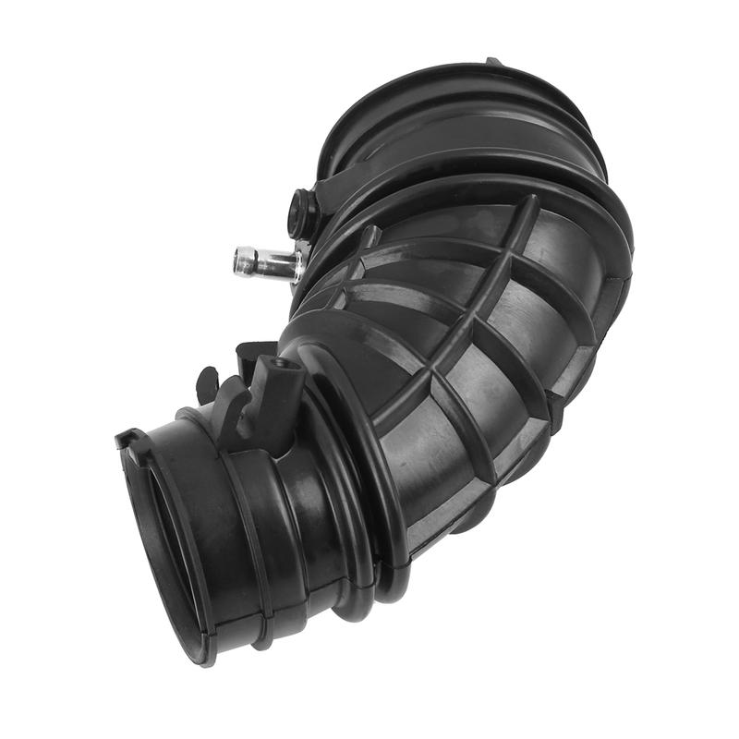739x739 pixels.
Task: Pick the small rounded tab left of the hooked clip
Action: [205, 382]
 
